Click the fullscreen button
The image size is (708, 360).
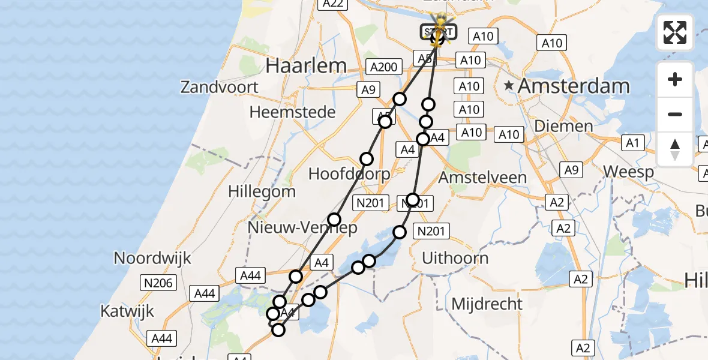[675, 32]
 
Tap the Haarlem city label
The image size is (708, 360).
[306, 65]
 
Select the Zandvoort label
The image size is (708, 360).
[219, 88]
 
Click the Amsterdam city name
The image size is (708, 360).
[574, 86]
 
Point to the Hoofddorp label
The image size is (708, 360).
[349, 174]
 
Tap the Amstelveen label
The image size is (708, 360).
[482, 178]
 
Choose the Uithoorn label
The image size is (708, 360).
[455, 259]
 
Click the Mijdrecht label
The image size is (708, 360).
[487, 304]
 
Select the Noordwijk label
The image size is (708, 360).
[152, 259]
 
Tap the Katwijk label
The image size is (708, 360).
[127, 311]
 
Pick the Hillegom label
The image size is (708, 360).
[262, 192]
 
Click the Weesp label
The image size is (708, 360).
[628, 172]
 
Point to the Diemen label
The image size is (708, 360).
[563, 127]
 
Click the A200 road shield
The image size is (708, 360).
[383, 67]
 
